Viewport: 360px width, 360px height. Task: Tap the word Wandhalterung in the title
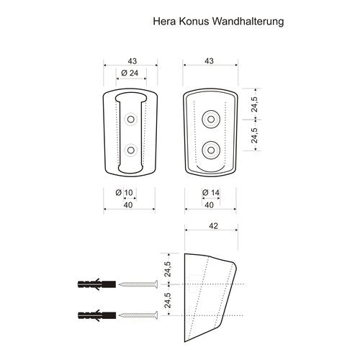point(248,22)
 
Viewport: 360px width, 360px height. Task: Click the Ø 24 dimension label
point(130,73)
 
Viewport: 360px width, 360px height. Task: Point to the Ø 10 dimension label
point(124,193)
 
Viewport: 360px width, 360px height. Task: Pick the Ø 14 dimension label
point(211,192)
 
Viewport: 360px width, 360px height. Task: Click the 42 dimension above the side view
point(213,226)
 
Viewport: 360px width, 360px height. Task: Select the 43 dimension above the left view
point(132,61)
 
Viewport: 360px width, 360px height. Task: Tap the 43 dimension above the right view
point(209,61)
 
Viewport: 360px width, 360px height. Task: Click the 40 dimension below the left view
point(128,205)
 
